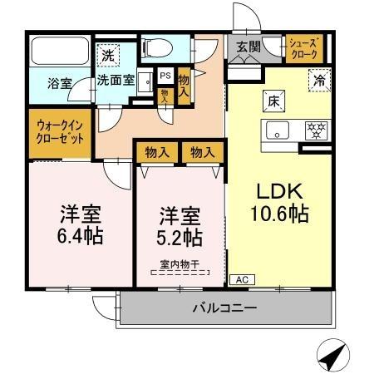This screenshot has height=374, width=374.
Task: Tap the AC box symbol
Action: [x=241, y=279]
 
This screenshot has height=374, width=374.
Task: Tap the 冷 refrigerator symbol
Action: [x=318, y=80]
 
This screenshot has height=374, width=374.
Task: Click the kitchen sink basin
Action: [x=277, y=130]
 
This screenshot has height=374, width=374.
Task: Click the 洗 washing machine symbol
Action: [x=108, y=56]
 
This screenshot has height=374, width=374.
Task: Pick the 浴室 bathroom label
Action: [x=60, y=84]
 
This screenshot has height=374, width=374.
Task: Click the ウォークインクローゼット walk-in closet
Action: [x=60, y=132]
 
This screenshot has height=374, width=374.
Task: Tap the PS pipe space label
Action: [x=165, y=75]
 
